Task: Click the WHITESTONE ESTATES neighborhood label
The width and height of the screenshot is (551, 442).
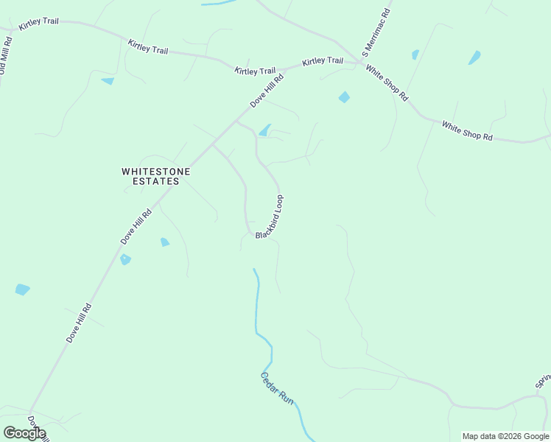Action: click(x=155, y=176)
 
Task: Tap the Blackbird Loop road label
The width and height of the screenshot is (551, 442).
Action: click(x=270, y=217)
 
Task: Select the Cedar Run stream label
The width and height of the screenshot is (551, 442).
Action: click(x=277, y=387)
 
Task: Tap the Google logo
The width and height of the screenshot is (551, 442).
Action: click(x=24, y=433)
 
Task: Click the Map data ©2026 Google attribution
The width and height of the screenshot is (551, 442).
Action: click(x=506, y=436)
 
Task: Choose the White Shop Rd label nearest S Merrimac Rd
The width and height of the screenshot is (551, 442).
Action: click(x=387, y=83)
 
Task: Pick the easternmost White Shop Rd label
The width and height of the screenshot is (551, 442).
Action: click(x=467, y=132)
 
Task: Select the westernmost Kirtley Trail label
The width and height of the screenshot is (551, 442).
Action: click(x=38, y=23)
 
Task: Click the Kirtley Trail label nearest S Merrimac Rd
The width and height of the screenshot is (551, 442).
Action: click(x=323, y=61)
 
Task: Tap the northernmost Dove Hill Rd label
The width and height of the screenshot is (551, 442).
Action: click(x=267, y=91)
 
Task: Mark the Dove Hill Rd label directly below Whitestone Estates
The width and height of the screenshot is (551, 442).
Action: click(x=136, y=226)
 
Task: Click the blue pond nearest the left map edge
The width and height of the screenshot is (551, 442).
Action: click(x=22, y=290)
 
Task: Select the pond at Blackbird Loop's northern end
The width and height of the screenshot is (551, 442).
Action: click(x=264, y=130)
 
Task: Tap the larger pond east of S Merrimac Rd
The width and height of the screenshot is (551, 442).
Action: click(x=474, y=57)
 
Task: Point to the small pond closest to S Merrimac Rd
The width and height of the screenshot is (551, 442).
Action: click(x=415, y=55)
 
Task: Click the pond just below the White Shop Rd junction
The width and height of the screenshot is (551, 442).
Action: click(x=344, y=97)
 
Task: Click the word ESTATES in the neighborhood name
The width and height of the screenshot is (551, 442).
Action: click(x=155, y=181)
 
